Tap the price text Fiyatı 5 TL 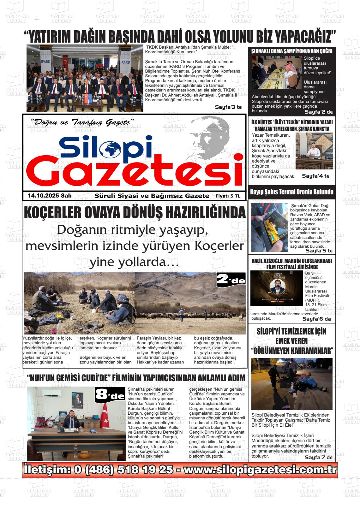point(228,196)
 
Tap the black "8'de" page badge point(110,395)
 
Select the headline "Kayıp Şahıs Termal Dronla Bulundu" point(291,192)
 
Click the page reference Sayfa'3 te point(228,107)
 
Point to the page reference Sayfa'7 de point(318,457)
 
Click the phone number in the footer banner point(123,470)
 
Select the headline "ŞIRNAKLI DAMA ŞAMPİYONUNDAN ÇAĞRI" point(291,51)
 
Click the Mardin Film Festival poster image point(276,288)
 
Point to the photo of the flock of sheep point(190,303)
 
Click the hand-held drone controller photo point(269,228)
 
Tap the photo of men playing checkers point(276,72)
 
